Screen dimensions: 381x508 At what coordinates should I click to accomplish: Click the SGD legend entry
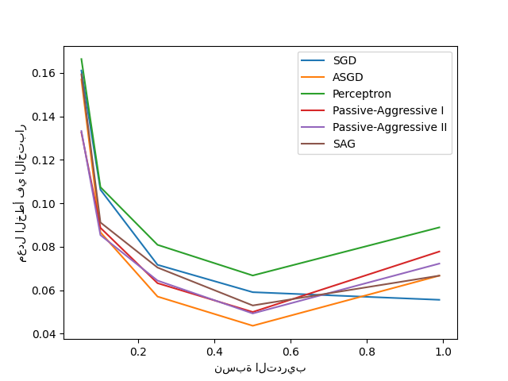pos(344,60)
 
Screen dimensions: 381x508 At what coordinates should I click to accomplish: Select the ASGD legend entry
pos(348,77)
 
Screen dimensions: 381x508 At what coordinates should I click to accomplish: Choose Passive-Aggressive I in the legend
pos(388,110)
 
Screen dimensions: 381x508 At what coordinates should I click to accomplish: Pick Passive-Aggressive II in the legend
pos(390,127)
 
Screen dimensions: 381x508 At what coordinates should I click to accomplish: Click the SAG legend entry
pos(344,144)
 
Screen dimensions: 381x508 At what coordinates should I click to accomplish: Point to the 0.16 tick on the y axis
pos(45,73)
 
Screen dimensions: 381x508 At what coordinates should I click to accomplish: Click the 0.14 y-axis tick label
pos(45,117)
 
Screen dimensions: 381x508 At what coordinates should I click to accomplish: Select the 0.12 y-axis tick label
pos(45,160)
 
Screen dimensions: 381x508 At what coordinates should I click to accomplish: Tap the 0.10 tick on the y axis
pos(45,204)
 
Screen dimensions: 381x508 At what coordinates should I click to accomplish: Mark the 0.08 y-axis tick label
pos(45,247)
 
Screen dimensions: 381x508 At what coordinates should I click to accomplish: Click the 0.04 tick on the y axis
pos(45,334)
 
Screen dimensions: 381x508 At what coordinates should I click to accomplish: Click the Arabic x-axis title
pos(260,368)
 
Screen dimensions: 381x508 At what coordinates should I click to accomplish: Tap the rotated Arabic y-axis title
pos(22,197)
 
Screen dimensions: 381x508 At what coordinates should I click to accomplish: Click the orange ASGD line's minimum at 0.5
pos(252,325)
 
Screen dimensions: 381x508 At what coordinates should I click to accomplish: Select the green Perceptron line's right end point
pos(440,227)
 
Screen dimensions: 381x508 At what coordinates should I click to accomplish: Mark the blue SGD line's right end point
pos(440,300)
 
